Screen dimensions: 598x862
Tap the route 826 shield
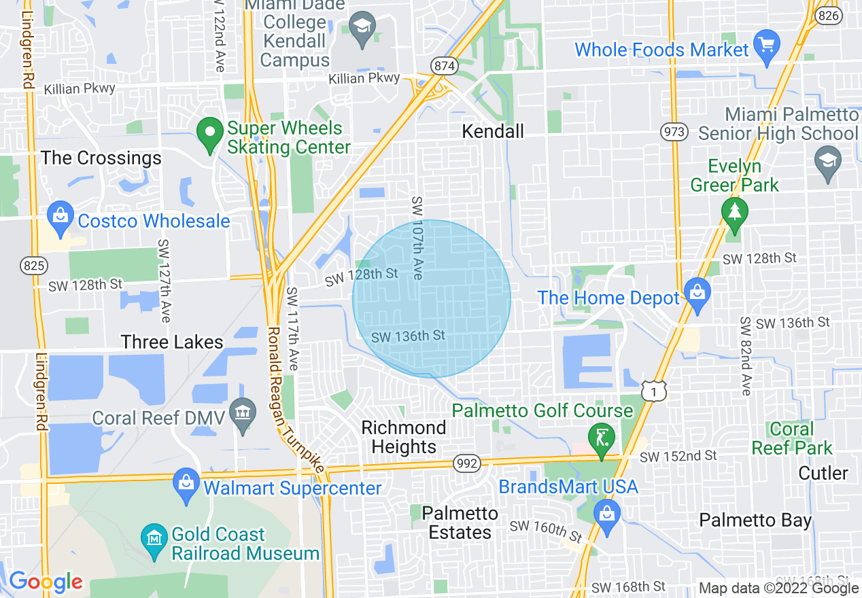pos(829,17)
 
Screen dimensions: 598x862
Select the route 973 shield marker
pos(674,131)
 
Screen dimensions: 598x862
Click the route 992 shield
pos(467,464)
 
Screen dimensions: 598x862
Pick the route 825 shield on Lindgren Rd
pos(33,265)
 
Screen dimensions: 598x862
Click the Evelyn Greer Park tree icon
pos(734,212)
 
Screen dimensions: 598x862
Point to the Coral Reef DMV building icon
pos(242,412)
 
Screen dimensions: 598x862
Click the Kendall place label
pos(493,131)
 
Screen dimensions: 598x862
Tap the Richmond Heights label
pos(404,437)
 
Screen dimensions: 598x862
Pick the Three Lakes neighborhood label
pos(172,342)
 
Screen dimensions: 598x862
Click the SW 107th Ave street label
pos(417,238)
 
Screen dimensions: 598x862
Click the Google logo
pos(46,582)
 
